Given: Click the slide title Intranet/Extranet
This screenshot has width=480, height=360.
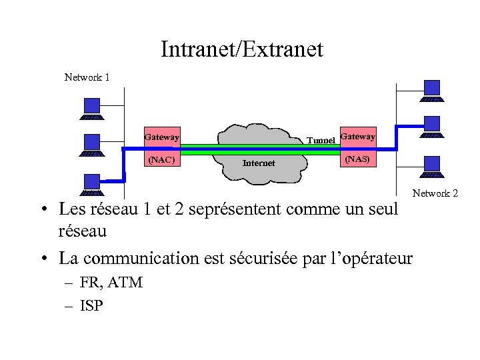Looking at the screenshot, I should (241, 49).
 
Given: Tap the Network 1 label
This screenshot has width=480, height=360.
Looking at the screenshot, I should (87, 77).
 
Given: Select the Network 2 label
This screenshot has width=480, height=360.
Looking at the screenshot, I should (435, 193).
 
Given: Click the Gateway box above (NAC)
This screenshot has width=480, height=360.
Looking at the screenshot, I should (162, 137).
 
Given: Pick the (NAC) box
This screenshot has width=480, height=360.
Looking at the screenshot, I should (161, 160).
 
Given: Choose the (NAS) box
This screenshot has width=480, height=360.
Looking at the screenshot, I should (357, 160).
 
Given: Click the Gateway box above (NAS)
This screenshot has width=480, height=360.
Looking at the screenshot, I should (357, 136).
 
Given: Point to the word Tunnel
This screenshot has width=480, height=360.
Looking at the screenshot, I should (321, 141).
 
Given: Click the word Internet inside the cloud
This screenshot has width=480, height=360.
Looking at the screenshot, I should (259, 163).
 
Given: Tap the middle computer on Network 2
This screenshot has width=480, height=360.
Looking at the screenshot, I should (432, 126).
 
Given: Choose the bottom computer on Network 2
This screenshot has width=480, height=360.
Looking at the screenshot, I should (432, 166).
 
